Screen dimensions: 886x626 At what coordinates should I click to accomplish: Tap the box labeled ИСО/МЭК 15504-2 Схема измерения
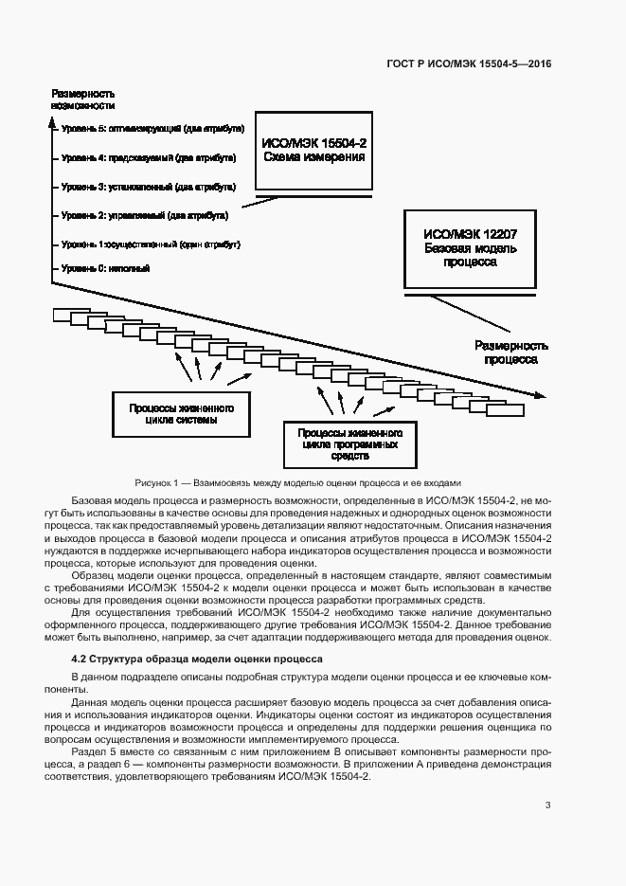[313, 150]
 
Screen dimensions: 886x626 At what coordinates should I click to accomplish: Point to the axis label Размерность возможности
[82, 99]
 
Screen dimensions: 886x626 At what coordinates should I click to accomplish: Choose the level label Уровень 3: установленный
[148, 186]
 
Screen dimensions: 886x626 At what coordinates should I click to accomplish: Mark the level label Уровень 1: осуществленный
[151, 244]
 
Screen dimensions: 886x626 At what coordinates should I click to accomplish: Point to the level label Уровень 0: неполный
[105, 269]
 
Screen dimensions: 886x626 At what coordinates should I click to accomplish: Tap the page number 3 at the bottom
[548, 805]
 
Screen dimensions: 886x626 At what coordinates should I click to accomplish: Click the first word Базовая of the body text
[93, 499]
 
